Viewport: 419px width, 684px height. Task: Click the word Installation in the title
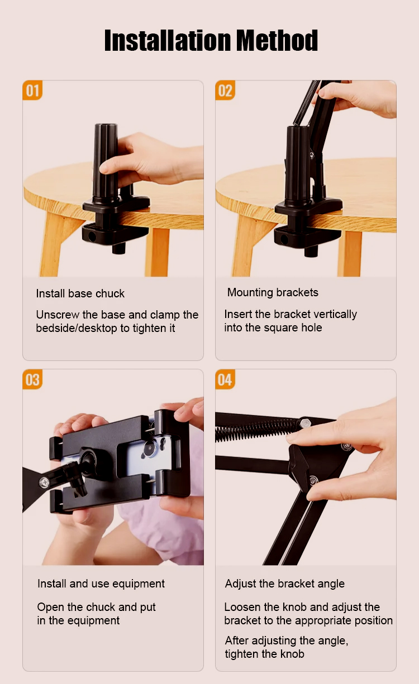[168, 40]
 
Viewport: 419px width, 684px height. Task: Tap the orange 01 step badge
[32, 90]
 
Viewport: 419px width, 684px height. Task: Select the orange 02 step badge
[225, 90]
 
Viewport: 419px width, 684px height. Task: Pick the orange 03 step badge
[32, 379]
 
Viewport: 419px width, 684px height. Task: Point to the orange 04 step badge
[225, 379]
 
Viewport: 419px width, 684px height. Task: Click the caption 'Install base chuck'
[80, 293]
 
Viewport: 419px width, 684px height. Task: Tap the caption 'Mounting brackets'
[273, 292]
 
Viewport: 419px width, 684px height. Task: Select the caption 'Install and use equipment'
[101, 584]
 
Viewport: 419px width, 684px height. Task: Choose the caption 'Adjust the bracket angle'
[285, 584]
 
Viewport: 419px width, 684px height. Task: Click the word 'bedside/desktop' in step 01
[77, 328]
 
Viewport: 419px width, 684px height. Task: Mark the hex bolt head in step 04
[304, 423]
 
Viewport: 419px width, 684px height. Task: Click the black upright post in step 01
[106, 162]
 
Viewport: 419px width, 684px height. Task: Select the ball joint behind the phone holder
[89, 459]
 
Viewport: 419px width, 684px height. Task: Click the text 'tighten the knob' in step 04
[265, 654]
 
